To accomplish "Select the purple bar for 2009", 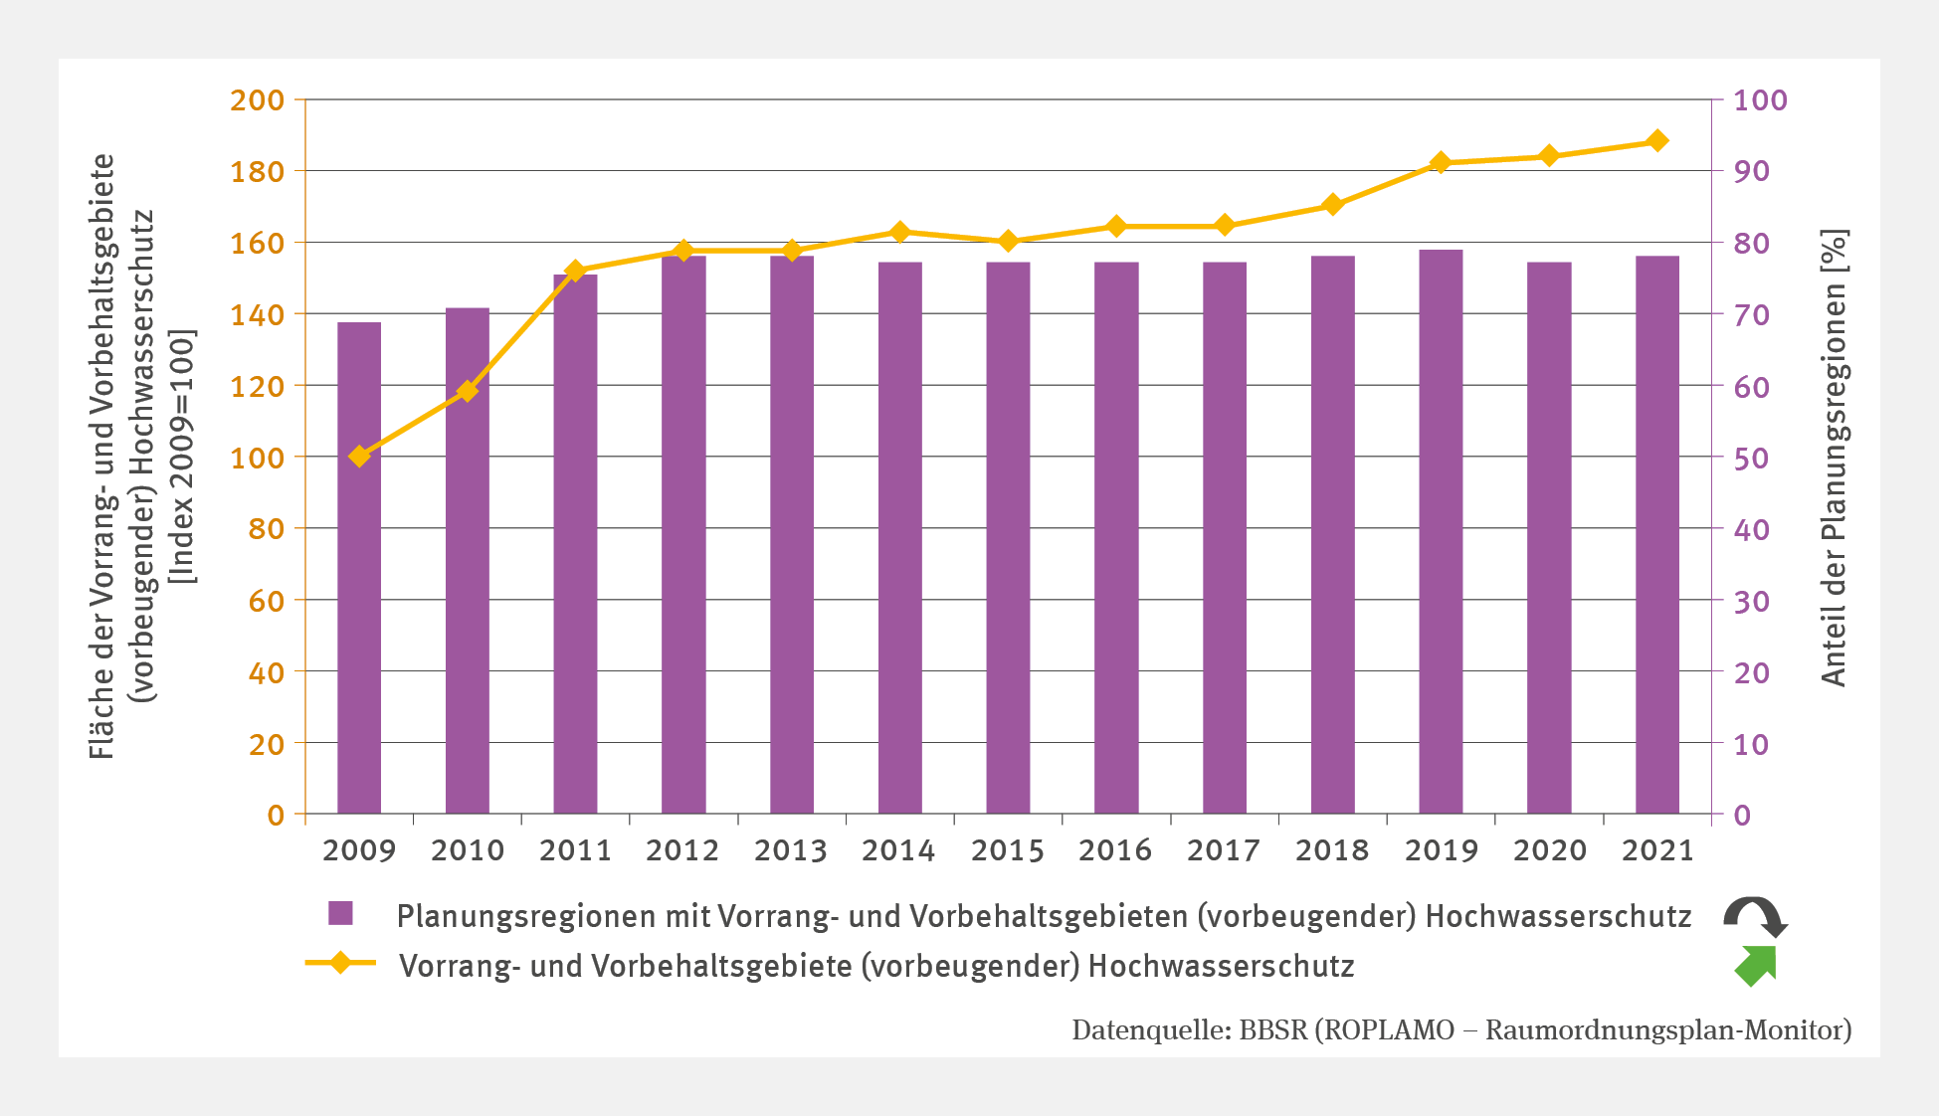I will pyautogui.click(x=359, y=568).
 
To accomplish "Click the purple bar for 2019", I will pyautogui.click(x=1441, y=532).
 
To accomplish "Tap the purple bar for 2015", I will pyautogui.click(x=1008, y=538).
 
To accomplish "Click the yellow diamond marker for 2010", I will pyautogui.click(x=468, y=391).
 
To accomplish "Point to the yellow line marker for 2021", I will pyautogui.click(x=1657, y=141).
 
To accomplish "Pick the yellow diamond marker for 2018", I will pyautogui.click(x=1333, y=205).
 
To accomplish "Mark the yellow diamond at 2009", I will pyautogui.click(x=359, y=457).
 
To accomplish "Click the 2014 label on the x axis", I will pyautogui.click(x=898, y=850).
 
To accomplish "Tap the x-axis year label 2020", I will pyautogui.click(x=1549, y=850).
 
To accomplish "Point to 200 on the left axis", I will pyautogui.click(x=257, y=100).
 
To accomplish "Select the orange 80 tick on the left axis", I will pyautogui.click(x=266, y=529).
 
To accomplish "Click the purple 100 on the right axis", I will pyautogui.click(x=1760, y=100).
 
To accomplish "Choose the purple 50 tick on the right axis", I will pyautogui.click(x=1751, y=459).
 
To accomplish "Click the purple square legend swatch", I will pyautogui.click(x=341, y=913).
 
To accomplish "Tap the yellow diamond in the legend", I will pyautogui.click(x=340, y=963).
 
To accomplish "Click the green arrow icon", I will pyautogui.click(x=1756, y=966).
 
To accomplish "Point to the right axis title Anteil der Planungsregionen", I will pyautogui.click(x=1834, y=458).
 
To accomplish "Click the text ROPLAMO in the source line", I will pyautogui.click(x=1388, y=1030).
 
